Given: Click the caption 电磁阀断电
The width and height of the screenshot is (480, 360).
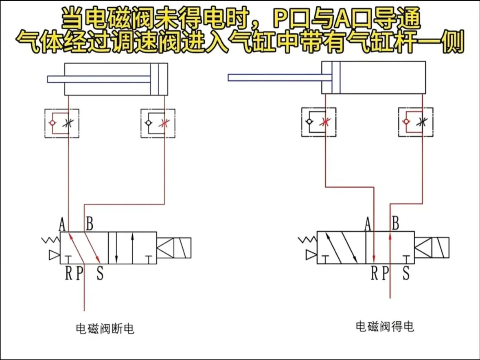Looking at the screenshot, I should (x=105, y=328).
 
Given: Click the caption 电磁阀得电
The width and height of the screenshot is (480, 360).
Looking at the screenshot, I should (x=384, y=326).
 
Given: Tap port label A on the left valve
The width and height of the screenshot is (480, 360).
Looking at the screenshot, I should (x=62, y=224).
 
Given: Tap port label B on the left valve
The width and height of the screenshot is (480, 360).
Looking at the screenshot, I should (x=90, y=224).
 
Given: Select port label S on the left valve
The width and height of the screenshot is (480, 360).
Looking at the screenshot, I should (x=100, y=273).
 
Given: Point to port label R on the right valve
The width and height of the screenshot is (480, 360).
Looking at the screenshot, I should (x=375, y=273).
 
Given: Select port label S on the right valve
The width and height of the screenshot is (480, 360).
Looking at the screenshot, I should (x=405, y=273).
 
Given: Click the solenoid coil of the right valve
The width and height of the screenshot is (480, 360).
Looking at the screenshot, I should (x=431, y=248).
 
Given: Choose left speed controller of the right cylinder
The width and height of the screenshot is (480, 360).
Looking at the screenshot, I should (x=319, y=122).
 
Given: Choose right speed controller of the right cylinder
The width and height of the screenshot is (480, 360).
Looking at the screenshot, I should (x=416, y=122).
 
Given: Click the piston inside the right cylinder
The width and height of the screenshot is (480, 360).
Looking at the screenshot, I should (x=335, y=78).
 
